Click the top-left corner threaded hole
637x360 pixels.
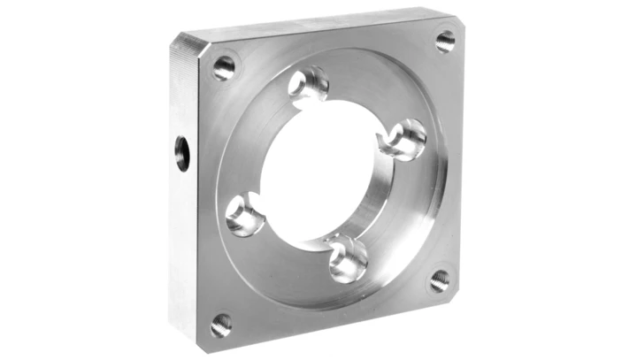tap(225, 67)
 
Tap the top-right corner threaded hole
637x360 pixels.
tap(445, 41)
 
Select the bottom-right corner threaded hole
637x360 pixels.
tap(440, 281)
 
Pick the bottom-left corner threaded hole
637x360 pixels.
tap(220, 325)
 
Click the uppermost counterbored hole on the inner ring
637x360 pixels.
tap(311, 85)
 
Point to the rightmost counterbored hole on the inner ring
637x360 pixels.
tap(407, 139)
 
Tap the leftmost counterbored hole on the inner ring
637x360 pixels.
tap(243, 215)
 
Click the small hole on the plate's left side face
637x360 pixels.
tap(182, 152)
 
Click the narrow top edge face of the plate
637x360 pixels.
tap(318, 23)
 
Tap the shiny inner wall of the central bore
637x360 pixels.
tap(376, 199)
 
